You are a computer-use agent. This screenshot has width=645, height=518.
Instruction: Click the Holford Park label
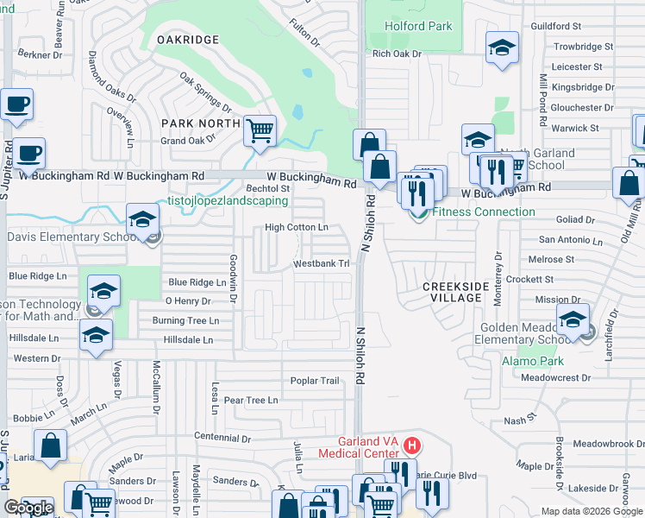coord(418,26)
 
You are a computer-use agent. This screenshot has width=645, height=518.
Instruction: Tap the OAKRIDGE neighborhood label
coord(187,40)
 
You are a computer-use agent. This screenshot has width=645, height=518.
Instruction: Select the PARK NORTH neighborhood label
coord(201,123)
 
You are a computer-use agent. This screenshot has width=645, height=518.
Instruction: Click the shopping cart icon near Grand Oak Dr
coord(260,131)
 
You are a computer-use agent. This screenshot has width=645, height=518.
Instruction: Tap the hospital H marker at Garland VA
coord(413,445)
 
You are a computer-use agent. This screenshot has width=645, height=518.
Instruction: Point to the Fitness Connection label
coord(483,212)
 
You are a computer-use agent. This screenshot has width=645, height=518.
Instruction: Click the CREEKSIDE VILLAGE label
coord(455,291)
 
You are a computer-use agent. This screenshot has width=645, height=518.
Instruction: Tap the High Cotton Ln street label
coord(297,228)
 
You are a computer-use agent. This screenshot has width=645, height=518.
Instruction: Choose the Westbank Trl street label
coord(321,263)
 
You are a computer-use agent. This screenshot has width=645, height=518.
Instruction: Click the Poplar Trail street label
coord(315,381)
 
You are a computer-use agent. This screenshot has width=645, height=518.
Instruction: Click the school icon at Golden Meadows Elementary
coord(573,320)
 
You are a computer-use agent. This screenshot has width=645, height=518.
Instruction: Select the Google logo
coord(28,507)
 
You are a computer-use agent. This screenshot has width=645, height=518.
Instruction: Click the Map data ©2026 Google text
coord(592,510)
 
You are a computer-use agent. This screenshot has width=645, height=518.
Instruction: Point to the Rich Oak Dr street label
coord(397,54)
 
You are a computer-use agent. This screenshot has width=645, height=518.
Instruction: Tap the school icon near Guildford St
coord(502,48)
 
